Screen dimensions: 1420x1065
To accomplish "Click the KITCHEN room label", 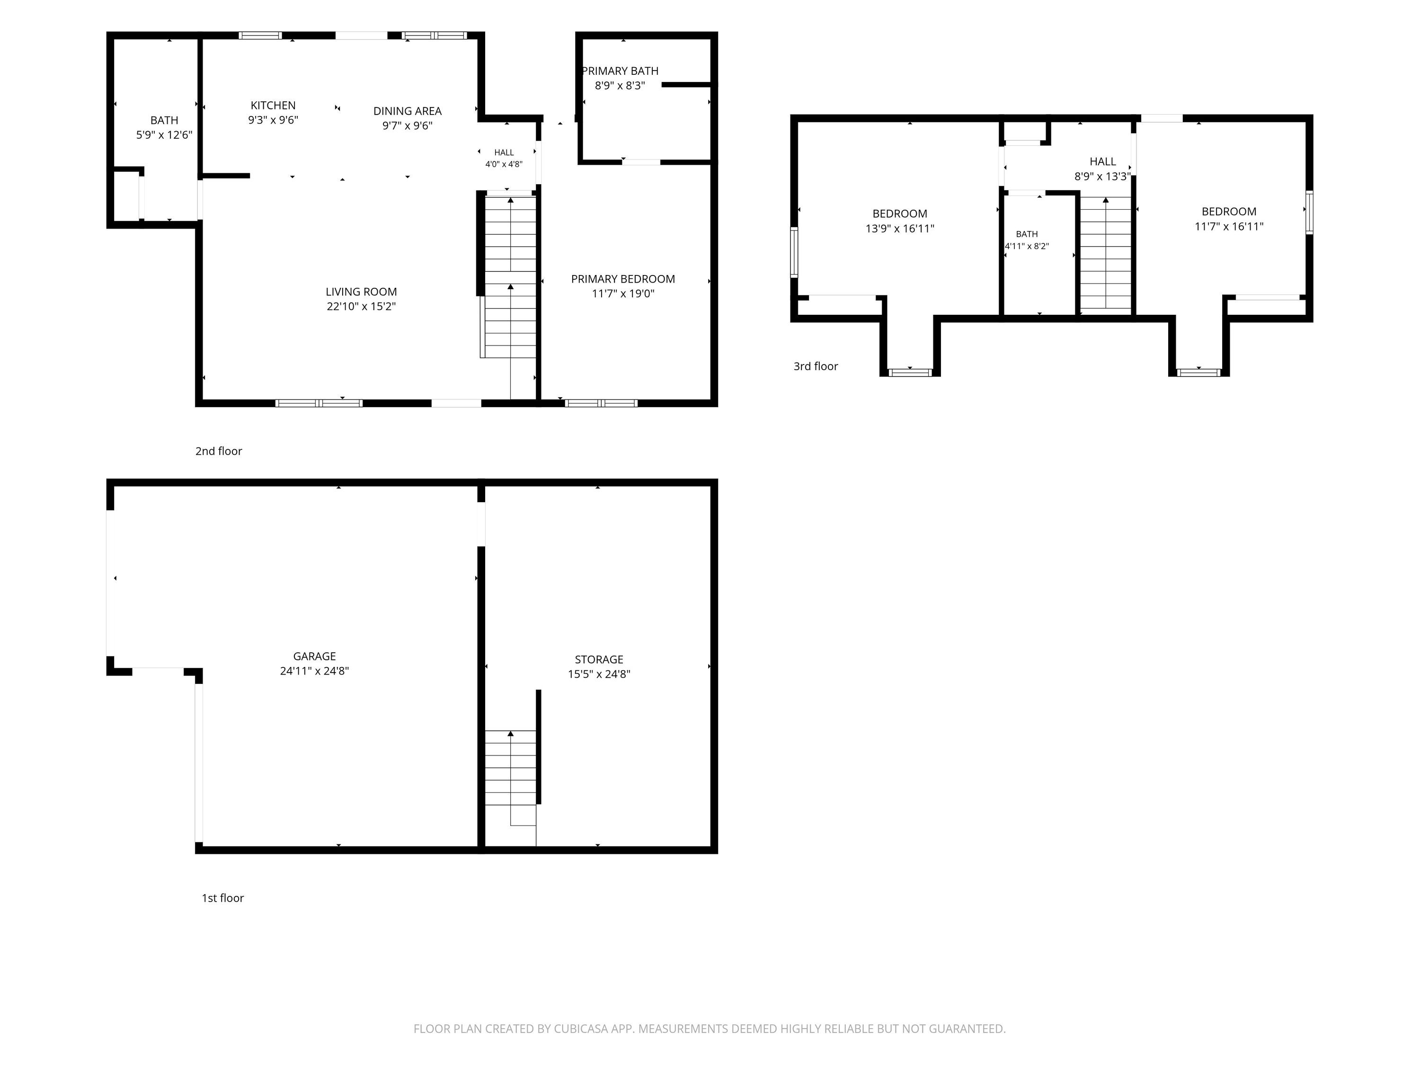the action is coord(273,105).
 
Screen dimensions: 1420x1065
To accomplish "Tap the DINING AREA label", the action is coord(408,111).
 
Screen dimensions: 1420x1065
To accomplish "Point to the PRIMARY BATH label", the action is coord(620,71).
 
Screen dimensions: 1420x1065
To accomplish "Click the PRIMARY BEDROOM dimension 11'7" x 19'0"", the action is coord(623,293).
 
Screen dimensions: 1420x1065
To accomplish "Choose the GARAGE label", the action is coord(315,656).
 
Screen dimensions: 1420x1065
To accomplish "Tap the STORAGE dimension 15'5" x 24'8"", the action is coord(599,674).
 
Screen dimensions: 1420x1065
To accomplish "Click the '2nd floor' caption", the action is coord(219,451).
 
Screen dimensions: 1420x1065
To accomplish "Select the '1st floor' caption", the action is coord(223,898).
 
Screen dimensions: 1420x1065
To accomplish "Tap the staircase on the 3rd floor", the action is coord(1105,254).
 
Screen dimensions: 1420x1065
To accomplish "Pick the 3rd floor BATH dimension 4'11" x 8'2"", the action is coord(1027,246).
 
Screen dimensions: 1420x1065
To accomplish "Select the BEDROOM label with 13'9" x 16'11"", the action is coord(900,214).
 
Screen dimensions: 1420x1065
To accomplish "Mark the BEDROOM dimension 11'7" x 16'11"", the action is coord(1229,226).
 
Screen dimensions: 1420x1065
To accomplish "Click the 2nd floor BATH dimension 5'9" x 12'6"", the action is coord(164,135).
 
